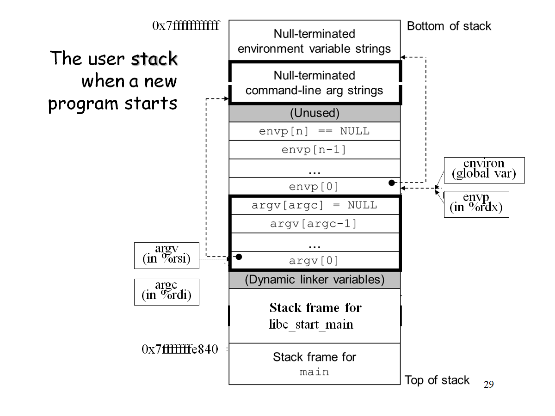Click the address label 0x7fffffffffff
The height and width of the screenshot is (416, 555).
[x=185, y=25]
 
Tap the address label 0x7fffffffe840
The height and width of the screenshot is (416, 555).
[x=179, y=349]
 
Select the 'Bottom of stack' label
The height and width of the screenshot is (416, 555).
[x=449, y=26]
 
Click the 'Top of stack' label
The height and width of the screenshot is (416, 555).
[x=437, y=380]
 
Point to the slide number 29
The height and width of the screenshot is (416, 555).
[x=488, y=384]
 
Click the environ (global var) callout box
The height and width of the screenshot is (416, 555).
[x=484, y=170]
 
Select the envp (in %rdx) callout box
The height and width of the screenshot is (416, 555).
[x=476, y=204]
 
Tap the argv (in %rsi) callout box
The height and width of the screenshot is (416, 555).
[x=166, y=255]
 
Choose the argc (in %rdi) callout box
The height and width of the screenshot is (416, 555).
[x=166, y=292]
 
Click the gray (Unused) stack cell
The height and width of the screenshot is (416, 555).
[x=314, y=113]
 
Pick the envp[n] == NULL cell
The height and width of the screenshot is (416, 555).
[x=314, y=131]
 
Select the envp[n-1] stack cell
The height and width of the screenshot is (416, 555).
[x=314, y=150]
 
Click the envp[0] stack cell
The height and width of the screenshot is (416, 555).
[x=314, y=187]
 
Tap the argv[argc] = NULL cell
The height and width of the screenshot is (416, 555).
[x=314, y=205]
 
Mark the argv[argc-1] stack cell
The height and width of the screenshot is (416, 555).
[x=314, y=224]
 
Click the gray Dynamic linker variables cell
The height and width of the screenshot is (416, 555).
[x=314, y=280]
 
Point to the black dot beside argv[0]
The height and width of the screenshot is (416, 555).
[x=239, y=257]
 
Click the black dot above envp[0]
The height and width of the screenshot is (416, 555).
[x=392, y=183]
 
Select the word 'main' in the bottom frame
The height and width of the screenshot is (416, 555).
[x=314, y=372]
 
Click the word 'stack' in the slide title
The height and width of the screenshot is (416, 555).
[x=154, y=59]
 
